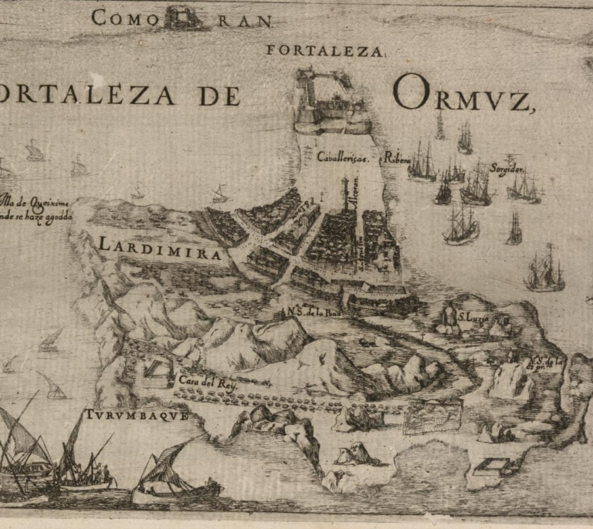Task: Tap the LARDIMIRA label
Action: [161, 247]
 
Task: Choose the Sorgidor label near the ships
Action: [507, 168]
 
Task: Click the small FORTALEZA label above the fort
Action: [325, 52]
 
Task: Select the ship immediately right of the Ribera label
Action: [422, 163]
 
